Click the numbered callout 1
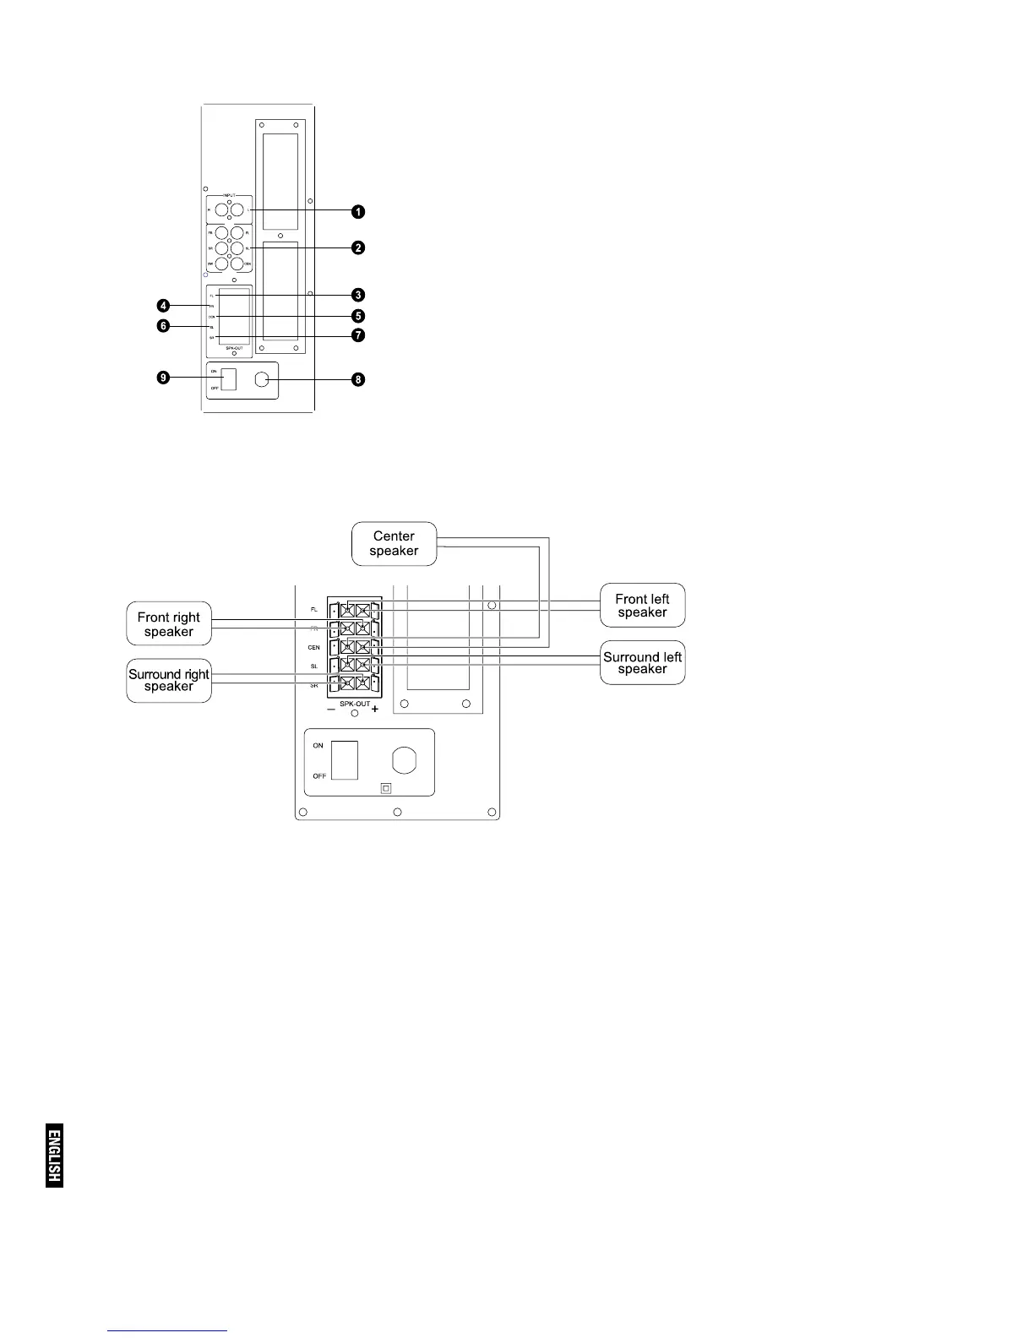pos(358,210)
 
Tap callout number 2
pos(358,247)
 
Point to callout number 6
pos(163,326)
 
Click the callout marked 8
pos(358,380)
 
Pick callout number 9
pos(163,378)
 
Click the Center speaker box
pos(395,544)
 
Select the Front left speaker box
pos(642,606)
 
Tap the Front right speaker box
pos(169,624)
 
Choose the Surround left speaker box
pos(642,663)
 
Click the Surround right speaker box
pos(169,680)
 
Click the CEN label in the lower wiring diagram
pos(314,648)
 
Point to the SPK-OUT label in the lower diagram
pos(355,704)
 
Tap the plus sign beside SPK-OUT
pos(375,710)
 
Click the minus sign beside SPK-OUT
pos(331,710)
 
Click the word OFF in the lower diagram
pos(319,776)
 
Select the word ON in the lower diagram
pos(318,746)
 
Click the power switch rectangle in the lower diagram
pos(345,760)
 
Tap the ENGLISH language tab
pos(55,1156)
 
